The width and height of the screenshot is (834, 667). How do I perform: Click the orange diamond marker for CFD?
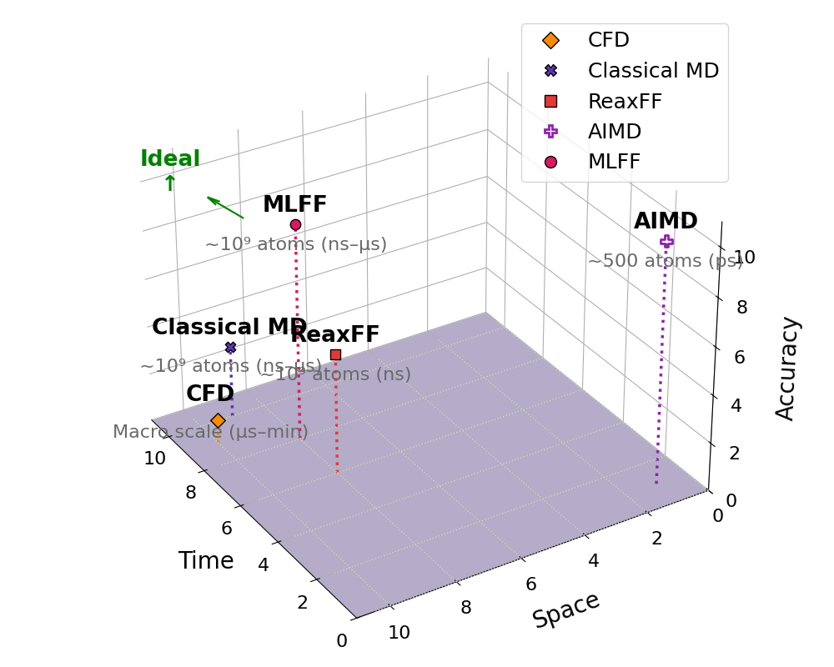click(218, 421)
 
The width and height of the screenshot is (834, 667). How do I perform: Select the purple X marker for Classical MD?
click(230, 347)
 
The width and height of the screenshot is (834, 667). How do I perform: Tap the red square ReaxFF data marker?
click(335, 354)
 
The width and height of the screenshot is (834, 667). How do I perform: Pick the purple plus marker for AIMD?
click(666, 242)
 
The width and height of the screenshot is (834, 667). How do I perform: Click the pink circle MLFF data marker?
click(295, 224)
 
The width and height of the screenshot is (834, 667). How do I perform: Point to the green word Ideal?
click(170, 159)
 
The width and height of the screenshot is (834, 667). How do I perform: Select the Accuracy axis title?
click(786, 368)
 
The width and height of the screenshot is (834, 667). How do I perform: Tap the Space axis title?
click(565, 609)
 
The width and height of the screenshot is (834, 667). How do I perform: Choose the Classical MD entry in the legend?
click(653, 71)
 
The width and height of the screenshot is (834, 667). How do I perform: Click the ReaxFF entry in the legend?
click(625, 102)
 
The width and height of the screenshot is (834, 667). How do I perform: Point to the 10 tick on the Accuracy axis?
click(744, 257)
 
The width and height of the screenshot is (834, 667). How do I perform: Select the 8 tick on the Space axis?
click(465, 608)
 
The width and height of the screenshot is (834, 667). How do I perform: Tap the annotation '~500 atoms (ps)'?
click(665, 261)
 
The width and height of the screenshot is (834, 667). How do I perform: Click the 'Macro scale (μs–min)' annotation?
click(210, 432)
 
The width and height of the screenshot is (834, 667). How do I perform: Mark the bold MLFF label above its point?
click(294, 204)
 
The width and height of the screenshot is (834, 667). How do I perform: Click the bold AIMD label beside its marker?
click(666, 221)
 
